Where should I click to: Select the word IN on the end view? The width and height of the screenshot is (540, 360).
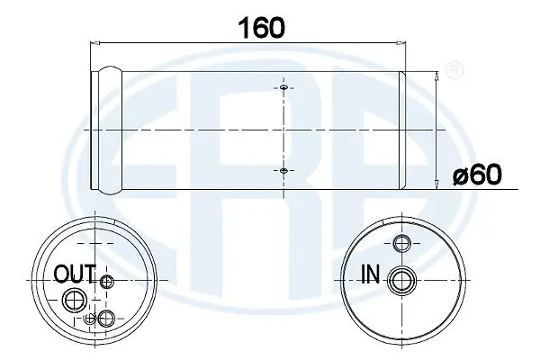[x=369, y=273]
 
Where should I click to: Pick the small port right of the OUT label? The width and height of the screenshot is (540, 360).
[x=107, y=283]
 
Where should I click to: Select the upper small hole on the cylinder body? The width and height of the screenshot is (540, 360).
[x=283, y=88]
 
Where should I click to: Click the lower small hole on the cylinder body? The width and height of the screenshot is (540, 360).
[x=283, y=171]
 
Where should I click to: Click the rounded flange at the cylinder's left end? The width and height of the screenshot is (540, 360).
[x=108, y=130]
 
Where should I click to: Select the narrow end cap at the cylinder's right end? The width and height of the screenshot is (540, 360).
[x=402, y=130]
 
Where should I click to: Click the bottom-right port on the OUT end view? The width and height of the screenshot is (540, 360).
[x=107, y=317]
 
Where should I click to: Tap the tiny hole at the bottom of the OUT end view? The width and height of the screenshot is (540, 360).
[x=89, y=319]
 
